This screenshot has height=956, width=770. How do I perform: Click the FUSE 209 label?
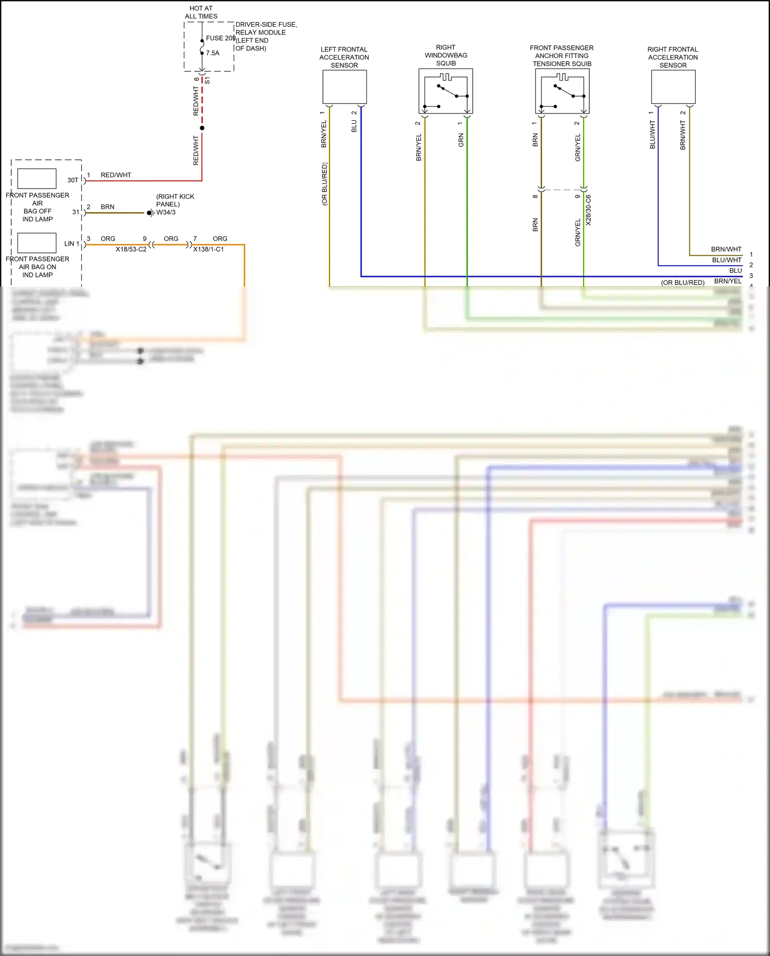pos(220,38)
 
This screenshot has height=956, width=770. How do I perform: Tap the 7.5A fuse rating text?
pos(213,53)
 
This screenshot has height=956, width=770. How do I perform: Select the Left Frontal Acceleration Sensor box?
pos(344,87)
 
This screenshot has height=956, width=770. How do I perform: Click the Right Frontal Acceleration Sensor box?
pos(673,87)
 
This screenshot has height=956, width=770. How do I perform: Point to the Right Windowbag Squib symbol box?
pos(446,91)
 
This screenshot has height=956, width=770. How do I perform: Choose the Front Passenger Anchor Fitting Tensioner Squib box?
pos(562,91)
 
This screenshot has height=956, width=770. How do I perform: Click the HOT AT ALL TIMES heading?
pos(201,12)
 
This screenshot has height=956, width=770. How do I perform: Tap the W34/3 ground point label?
pos(166,212)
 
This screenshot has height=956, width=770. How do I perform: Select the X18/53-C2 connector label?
pos(131,249)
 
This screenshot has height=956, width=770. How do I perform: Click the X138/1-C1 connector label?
pos(208,249)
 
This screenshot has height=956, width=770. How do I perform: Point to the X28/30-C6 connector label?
pos(588,210)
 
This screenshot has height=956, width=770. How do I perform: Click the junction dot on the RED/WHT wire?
pos(202,128)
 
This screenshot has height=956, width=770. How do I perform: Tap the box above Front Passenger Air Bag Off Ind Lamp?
pos(37,179)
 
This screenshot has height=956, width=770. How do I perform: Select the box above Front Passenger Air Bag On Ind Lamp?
pos(37,242)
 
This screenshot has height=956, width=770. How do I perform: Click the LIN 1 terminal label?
pos(71,243)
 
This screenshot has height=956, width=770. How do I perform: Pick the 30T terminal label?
pos(73,180)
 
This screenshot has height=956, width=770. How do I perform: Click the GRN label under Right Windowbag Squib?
pos(461,140)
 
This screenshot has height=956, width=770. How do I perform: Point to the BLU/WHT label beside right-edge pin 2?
pos(726,260)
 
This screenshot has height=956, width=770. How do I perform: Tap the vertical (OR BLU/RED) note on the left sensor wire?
pos(324,184)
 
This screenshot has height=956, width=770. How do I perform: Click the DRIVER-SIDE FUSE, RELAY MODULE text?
pos(266,28)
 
